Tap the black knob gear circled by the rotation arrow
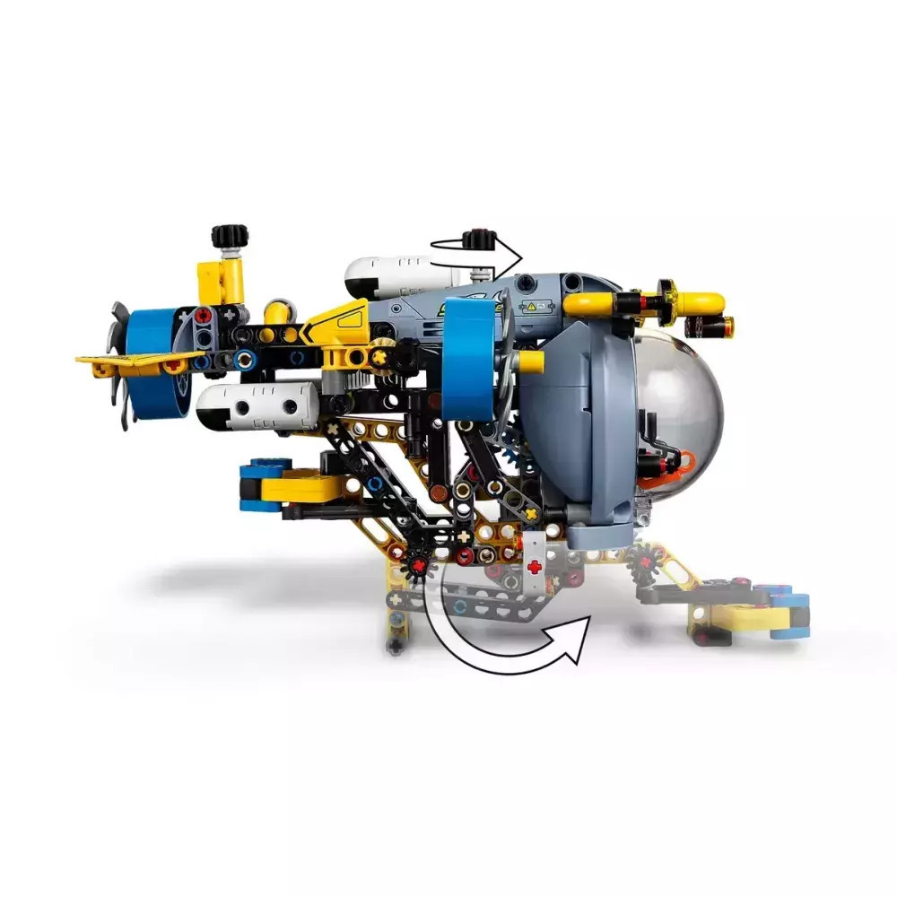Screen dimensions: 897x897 pyautogui.click(x=481, y=240)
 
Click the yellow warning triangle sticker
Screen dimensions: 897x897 pyautogui.click(x=532, y=306)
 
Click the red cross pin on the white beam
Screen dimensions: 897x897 pyautogui.click(x=536, y=567)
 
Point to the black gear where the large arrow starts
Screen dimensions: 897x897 pyautogui.click(x=417, y=562)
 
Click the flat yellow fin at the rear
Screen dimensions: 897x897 pyautogui.click(x=135, y=362)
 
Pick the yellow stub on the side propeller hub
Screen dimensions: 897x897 pyautogui.click(x=530, y=361)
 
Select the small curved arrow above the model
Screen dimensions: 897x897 pyautogui.click(x=475, y=254)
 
